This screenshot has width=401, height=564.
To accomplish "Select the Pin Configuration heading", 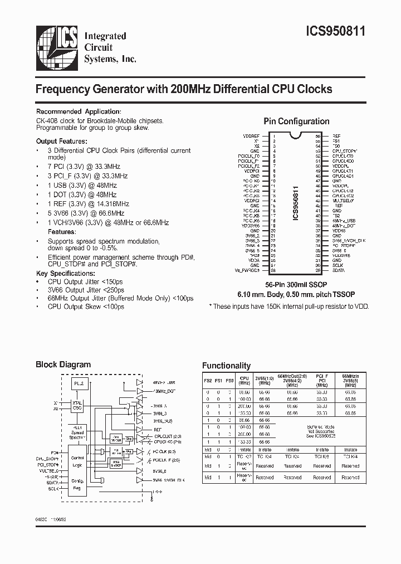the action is (x=296, y=121).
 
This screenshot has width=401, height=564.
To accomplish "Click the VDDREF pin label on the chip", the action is (x=251, y=135).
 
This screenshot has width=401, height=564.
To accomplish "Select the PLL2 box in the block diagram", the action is (x=77, y=384).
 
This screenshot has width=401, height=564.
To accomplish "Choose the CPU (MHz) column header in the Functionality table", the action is (x=244, y=381).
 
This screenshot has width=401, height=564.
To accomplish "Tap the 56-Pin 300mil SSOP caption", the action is (x=296, y=284).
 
